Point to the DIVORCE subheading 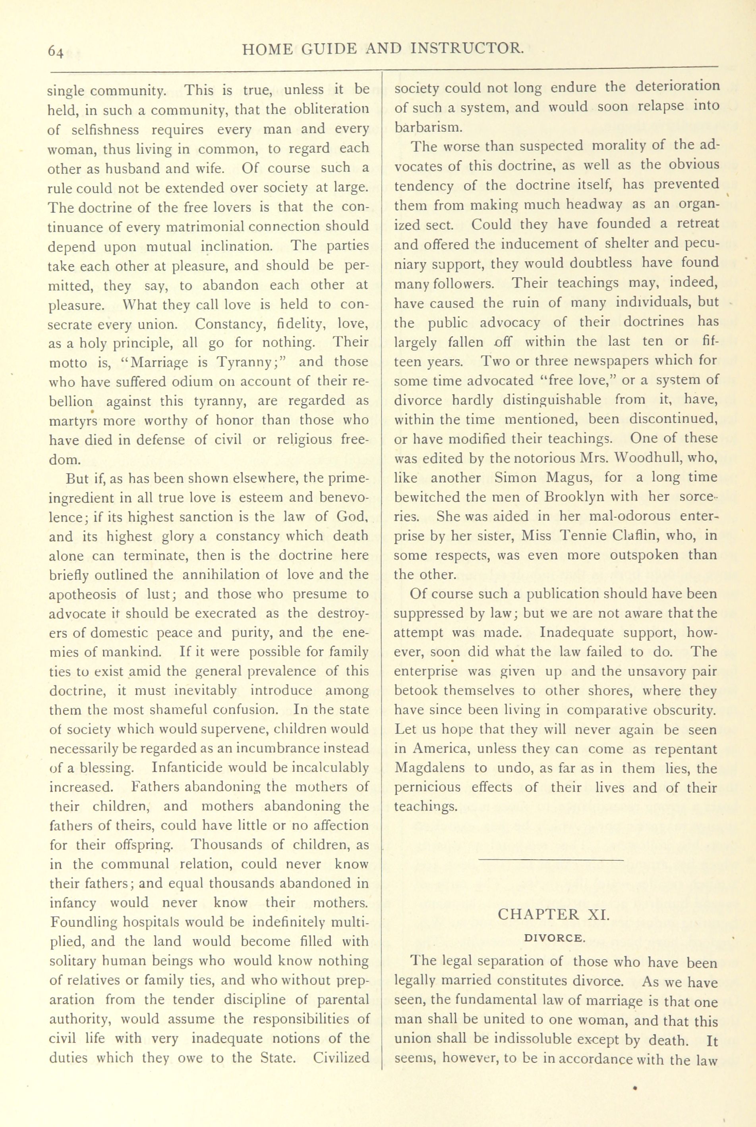point(553,938)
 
